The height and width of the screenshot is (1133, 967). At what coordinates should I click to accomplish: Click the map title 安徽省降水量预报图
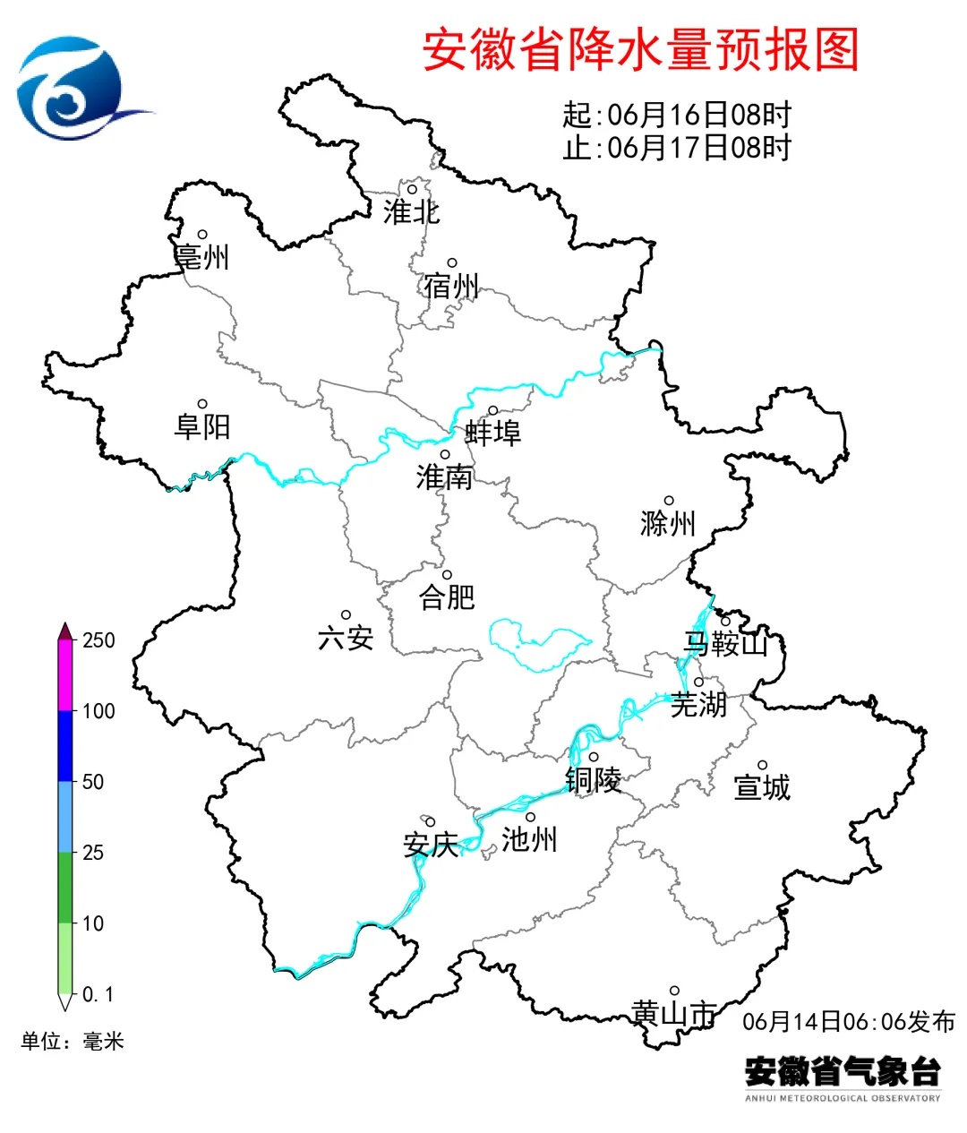(640, 50)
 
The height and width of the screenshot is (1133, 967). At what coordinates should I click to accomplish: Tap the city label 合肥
(447, 597)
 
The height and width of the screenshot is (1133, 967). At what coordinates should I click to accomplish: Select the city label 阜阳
(202, 426)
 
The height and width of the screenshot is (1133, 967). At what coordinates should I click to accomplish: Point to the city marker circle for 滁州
(669, 502)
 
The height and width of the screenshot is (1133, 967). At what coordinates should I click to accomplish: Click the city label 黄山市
(674, 1014)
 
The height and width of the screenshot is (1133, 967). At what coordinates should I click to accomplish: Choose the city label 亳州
(202, 257)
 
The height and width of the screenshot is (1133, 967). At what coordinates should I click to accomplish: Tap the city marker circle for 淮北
(413, 189)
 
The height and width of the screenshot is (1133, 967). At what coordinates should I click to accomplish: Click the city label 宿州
(452, 287)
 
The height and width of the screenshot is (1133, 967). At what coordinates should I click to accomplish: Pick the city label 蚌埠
(492, 433)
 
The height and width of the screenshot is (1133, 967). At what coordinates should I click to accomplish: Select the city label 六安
(346, 638)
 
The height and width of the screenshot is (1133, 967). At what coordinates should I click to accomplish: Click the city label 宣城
(762, 787)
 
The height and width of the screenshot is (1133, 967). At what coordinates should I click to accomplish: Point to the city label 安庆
(431, 845)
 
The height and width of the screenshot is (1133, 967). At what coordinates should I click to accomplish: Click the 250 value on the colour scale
(98, 640)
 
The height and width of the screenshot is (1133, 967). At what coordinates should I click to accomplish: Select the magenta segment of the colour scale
(65, 676)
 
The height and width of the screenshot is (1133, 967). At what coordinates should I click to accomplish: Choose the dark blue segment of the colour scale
(65, 746)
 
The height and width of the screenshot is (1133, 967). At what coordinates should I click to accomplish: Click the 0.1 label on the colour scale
(98, 995)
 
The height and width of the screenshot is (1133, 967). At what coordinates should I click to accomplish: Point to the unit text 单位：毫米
(73, 1042)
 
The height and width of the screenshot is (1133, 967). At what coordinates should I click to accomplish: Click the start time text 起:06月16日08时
(677, 115)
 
